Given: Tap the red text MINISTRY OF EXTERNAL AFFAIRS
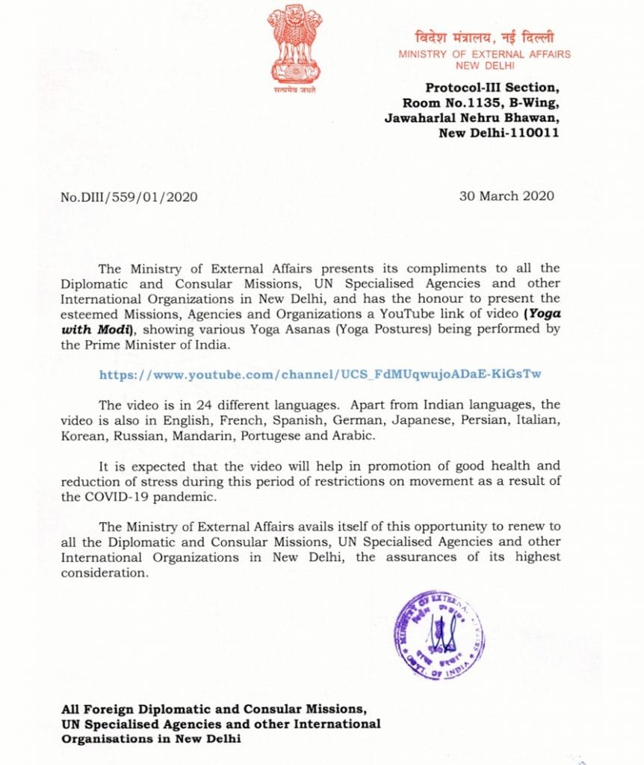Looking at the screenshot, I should [484, 54].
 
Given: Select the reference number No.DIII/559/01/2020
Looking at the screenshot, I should [129, 196].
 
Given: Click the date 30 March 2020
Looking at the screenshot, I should [508, 196].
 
